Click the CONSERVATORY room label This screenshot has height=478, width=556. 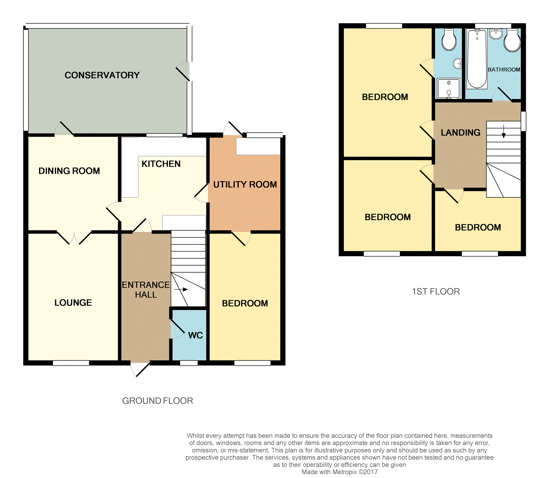click(x=102, y=75)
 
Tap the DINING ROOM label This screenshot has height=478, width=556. click(x=69, y=171)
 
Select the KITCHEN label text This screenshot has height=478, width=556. click(x=161, y=164)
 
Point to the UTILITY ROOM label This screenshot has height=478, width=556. click(x=245, y=185)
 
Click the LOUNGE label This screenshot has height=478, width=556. click(x=73, y=303)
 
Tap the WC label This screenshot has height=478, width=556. click(x=195, y=335)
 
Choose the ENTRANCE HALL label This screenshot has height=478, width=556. click(x=146, y=290)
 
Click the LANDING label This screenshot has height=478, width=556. click(x=460, y=133)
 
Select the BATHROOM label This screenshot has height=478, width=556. click(x=504, y=70)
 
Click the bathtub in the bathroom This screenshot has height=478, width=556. click(x=477, y=59)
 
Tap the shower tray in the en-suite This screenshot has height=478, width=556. click(x=449, y=89)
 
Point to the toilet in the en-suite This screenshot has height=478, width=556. click(x=449, y=40)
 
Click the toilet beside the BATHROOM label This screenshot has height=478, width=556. click(x=512, y=40)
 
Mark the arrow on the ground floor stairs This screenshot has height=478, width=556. click(x=181, y=289)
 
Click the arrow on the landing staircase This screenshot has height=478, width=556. click(x=504, y=131)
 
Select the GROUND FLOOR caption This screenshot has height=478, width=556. click(x=158, y=401)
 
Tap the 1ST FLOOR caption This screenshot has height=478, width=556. click(x=436, y=292)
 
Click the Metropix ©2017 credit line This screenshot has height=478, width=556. click(x=340, y=472)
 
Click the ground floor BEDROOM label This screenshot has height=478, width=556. click(x=245, y=303)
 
